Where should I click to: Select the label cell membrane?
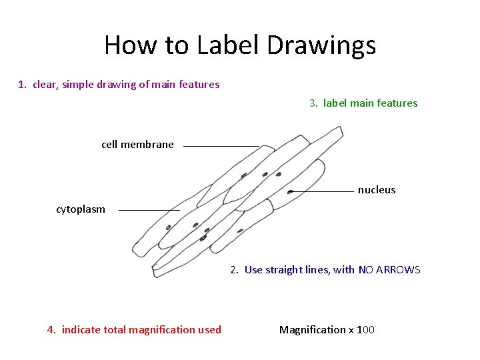(x=137, y=144)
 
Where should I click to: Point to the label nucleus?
(x=377, y=190)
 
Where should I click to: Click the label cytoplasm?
(x=81, y=209)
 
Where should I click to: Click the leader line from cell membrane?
(x=221, y=145)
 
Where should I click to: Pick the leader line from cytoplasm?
(x=149, y=210)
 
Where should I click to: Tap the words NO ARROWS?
(x=389, y=270)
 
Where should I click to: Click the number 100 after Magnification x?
(x=366, y=330)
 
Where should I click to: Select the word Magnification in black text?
(x=313, y=330)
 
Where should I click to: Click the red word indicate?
(x=82, y=330)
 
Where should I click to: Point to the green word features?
(x=397, y=103)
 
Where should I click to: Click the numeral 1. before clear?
(x=23, y=85)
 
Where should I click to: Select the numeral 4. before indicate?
(x=52, y=330)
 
